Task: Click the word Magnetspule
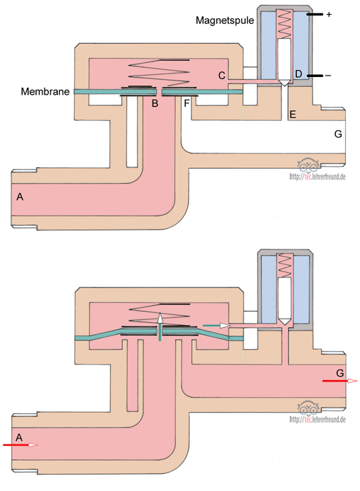tap(224, 20)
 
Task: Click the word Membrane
tap(45, 91)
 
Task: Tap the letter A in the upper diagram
tap(20, 196)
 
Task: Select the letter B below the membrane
tap(155, 103)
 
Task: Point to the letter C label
tap(222, 76)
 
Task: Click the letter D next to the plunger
tap(299, 74)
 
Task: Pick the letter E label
tap(292, 114)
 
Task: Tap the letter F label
tap(187, 103)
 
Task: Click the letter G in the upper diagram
tap(338, 134)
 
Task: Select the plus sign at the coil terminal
tap(329, 14)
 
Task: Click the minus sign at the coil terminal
tap(328, 76)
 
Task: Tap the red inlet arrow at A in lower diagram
tap(20, 444)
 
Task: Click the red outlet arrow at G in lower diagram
tap(340, 381)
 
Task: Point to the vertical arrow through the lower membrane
tap(160, 326)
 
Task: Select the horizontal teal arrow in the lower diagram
tap(217, 326)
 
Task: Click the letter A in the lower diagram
tap(19, 437)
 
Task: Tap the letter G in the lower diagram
tap(340, 373)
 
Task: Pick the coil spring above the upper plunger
tap(284, 25)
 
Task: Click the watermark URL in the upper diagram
tap(318, 177)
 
